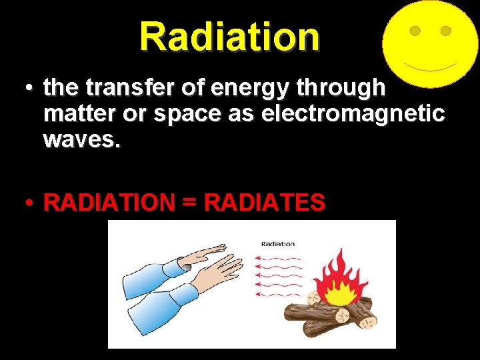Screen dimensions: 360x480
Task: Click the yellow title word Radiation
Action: [230, 37]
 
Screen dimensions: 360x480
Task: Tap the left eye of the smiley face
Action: [414, 31]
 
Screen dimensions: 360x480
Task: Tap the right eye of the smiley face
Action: [446, 31]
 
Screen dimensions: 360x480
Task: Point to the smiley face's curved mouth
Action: [429, 67]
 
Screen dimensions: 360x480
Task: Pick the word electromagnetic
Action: [353, 114]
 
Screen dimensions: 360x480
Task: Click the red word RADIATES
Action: [265, 202]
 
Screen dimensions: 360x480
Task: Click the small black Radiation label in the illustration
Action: [277, 244]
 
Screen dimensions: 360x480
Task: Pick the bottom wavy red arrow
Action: [279, 295]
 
